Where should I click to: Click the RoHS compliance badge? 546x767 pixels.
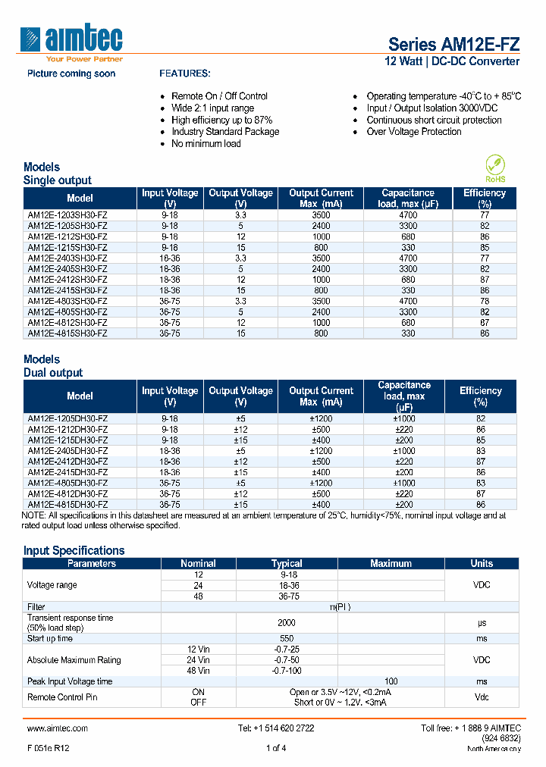495,169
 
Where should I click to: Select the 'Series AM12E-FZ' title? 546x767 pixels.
453,44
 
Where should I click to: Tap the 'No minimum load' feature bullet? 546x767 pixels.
206,144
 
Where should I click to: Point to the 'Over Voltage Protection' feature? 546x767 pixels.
413,132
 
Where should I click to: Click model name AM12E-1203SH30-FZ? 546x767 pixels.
67,216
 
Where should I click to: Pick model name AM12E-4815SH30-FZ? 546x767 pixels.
67,333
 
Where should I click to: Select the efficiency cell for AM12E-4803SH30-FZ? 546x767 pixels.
484,301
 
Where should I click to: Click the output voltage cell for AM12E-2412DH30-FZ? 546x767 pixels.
240,462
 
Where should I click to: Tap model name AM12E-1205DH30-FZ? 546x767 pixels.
67,419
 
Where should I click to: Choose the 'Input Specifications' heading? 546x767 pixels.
74,551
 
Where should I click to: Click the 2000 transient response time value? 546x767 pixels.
287,623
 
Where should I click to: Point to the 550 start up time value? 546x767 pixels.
287,639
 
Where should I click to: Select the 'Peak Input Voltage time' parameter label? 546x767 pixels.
70,681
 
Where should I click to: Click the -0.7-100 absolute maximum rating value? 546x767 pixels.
287,671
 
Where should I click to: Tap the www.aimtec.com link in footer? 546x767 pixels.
58,728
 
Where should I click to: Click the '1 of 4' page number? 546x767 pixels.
276,749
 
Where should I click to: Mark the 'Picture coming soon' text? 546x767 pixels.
71,74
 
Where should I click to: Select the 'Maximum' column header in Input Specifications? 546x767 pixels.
391,564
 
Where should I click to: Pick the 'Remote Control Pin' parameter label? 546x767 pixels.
62,697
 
